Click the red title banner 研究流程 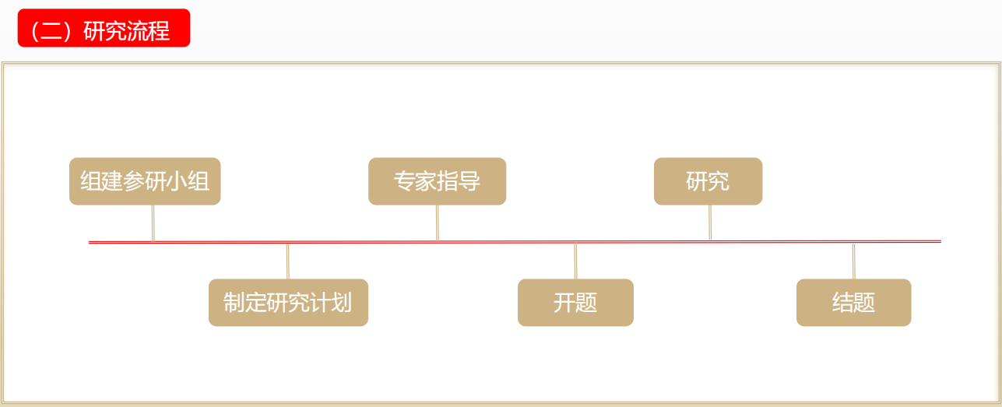[x=104, y=28]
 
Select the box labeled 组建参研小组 [x=145, y=181]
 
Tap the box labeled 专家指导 [x=437, y=181]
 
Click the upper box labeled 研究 [x=708, y=181]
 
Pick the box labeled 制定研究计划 [x=289, y=303]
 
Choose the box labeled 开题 [x=575, y=303]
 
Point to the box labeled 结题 [x=854, y=303]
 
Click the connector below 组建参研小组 [x=153, y=223]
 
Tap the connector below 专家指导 [x=438, y=223]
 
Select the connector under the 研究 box [x=710, y=223]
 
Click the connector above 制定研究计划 [x=287, y=261]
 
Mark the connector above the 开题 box [x=575, y=261]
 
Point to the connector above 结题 [x=853, y=261]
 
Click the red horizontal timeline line [x=515, y=242]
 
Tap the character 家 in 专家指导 [x=426, y=181]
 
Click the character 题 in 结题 [x=864, y=303]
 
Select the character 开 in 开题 [x=564, y=303]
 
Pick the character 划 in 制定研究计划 [x=341, y=303]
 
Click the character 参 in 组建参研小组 [x=134, y=181]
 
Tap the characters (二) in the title [x=51, y=31]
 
